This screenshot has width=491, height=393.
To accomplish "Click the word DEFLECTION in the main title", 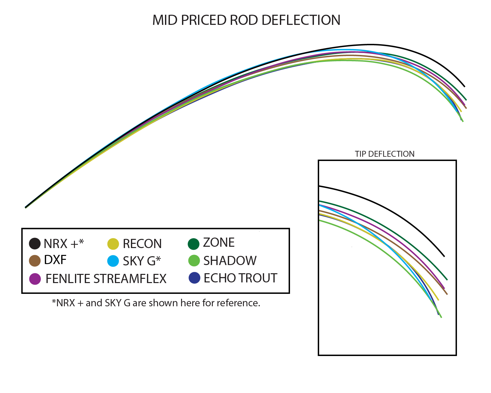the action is (301, 20).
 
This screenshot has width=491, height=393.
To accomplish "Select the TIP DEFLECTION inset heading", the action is (384, 154).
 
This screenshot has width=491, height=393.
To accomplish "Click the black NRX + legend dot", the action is (35, 243).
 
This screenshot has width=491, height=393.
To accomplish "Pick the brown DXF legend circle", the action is (35, 261).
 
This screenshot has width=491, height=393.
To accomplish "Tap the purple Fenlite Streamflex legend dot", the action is (35, 279).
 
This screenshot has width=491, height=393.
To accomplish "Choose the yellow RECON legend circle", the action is (113, 244).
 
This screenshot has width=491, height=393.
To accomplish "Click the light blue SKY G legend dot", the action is (113, 261).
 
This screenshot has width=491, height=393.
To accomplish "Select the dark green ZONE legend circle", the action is (193, 244).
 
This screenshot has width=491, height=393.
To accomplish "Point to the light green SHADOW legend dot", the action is (194, 260).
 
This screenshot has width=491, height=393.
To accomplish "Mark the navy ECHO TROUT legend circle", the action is (194, 278).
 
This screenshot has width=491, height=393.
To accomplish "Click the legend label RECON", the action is (142, 243).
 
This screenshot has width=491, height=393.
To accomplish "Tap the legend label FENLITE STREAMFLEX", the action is (106, 279).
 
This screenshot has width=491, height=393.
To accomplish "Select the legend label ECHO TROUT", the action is (241, 278).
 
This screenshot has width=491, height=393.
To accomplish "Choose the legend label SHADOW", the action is (230, 261).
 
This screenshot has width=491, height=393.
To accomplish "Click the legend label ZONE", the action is (219, 242).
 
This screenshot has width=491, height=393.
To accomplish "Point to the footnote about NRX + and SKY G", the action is (156, 303).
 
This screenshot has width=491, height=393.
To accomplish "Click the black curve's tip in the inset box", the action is (444, 256).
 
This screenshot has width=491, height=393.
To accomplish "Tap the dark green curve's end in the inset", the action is (447, 280).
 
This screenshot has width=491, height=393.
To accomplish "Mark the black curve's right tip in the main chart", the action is (464, 87).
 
